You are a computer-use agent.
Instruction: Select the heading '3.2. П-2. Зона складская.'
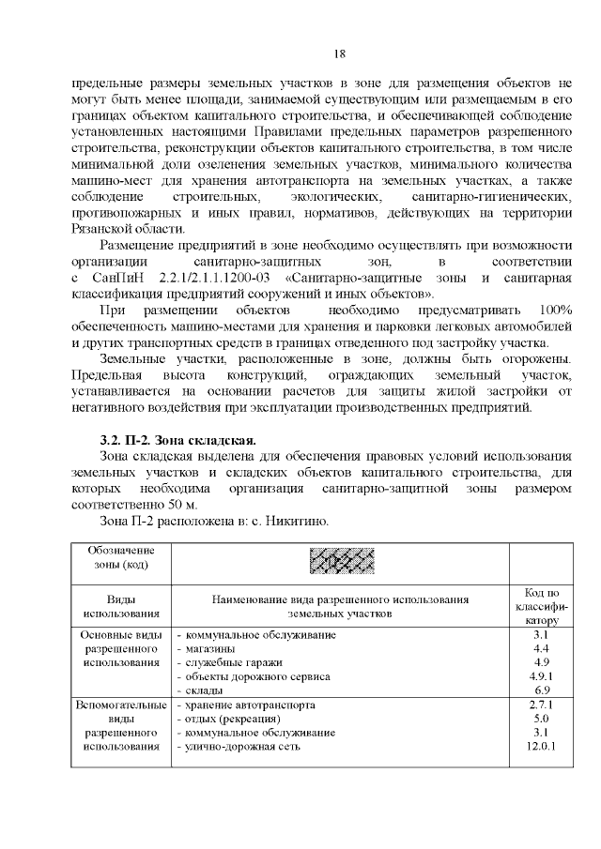177,440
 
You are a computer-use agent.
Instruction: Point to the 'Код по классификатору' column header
540,606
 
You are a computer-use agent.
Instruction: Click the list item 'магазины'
210,649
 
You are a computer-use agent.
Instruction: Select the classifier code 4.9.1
540,675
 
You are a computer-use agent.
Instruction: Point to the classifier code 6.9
540,690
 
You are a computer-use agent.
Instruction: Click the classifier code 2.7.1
540,705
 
